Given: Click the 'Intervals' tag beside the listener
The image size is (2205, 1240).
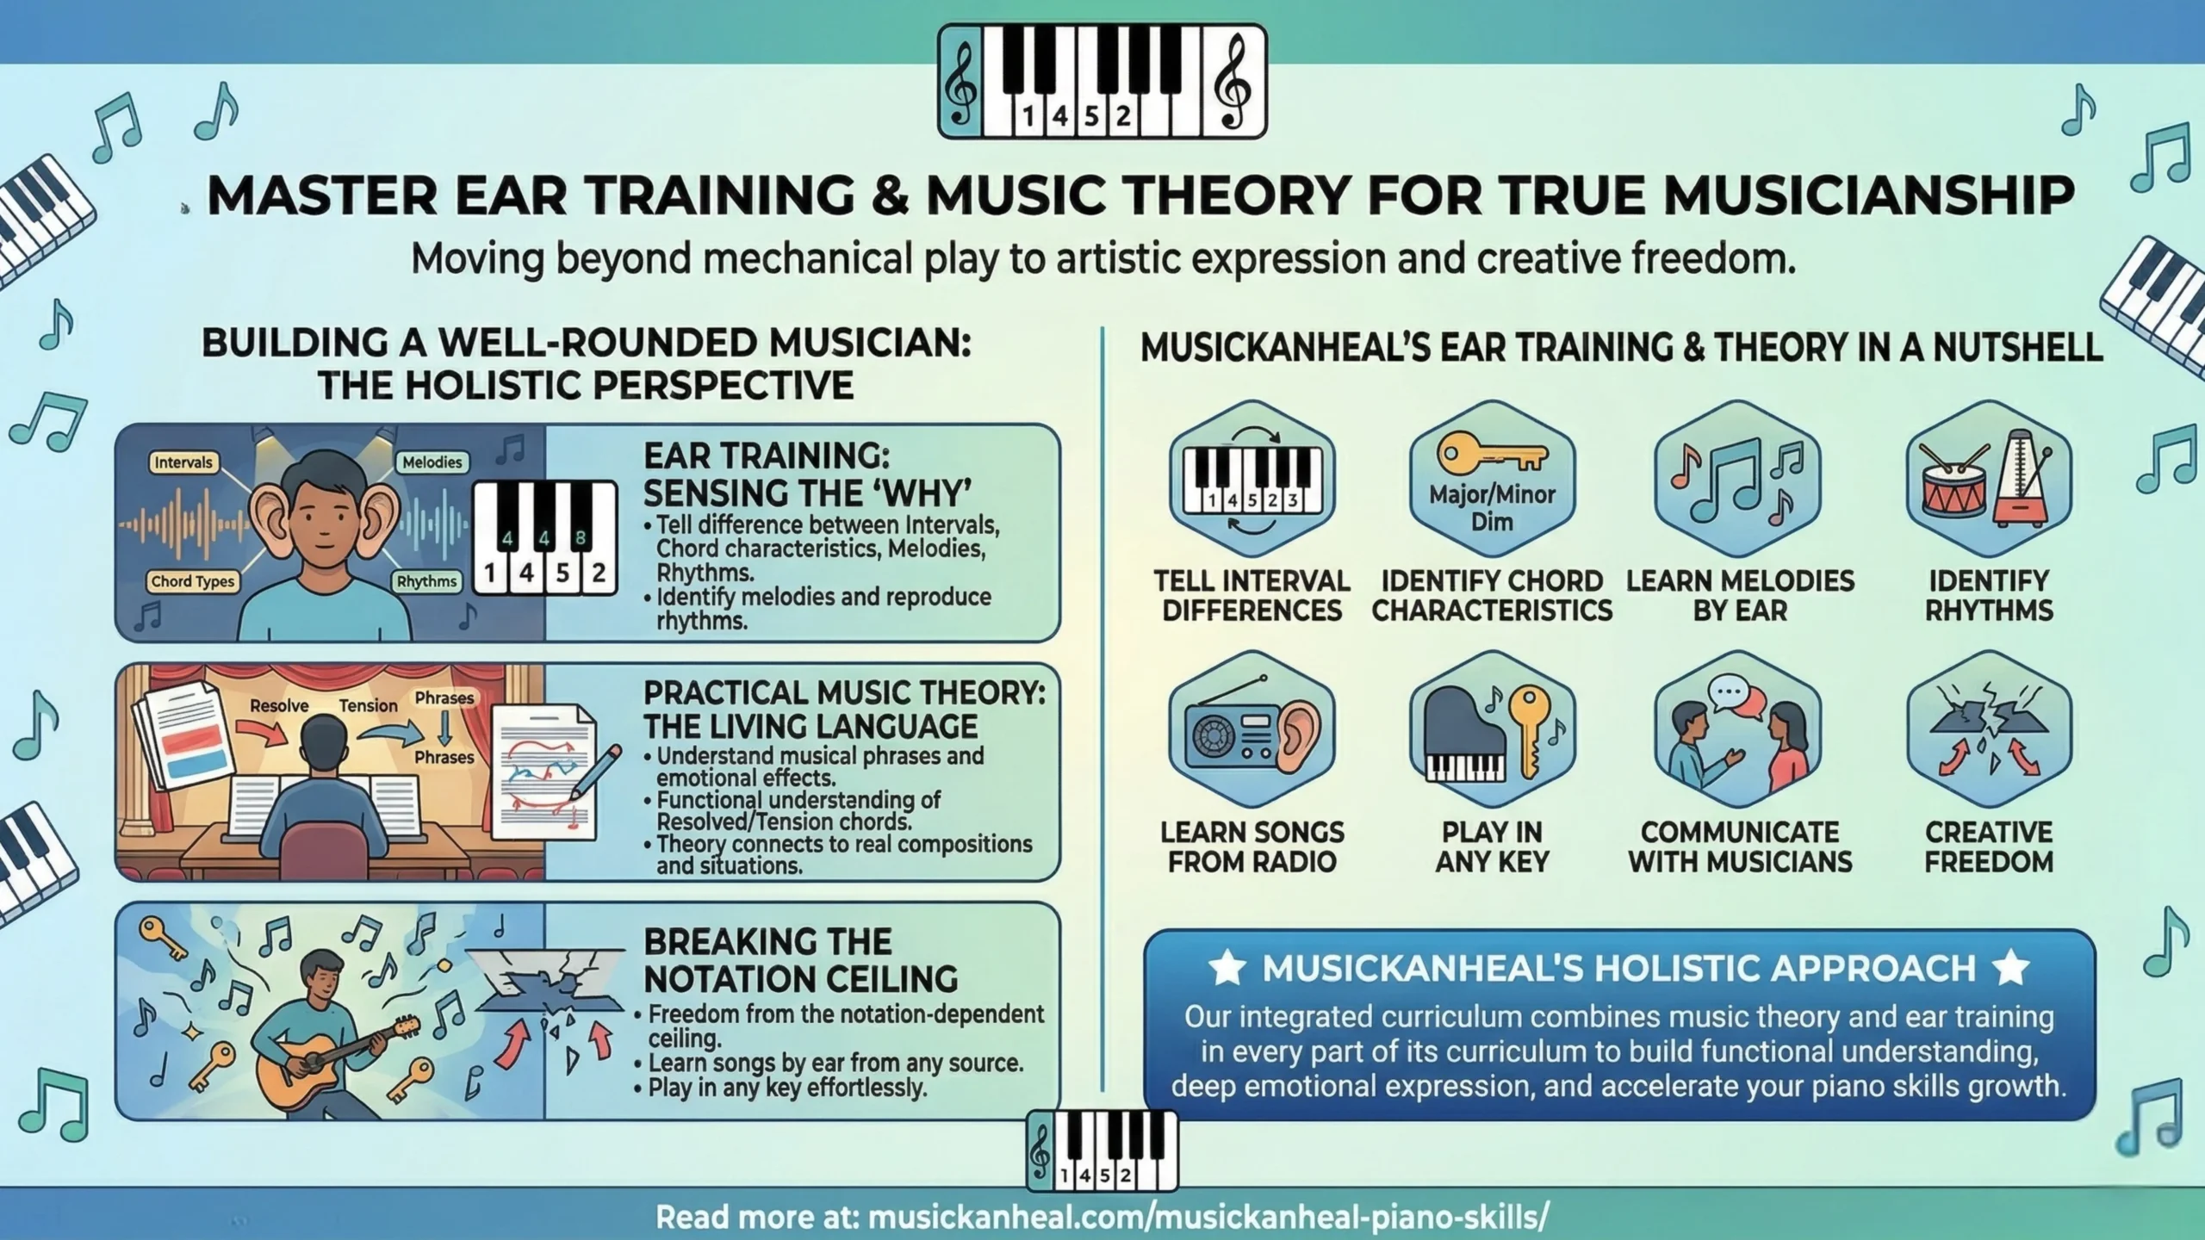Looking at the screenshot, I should click(x=183, y=462).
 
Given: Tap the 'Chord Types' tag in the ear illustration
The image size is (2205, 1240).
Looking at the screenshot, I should click(x=192, y=581).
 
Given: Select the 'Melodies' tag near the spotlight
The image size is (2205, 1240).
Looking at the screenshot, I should click(x=432, y=462).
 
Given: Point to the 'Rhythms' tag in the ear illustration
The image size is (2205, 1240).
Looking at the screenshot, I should click(x=426, y=581).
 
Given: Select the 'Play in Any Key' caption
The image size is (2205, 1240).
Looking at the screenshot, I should click(x=1492, y=846).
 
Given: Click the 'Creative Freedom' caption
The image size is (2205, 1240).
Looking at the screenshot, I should click(x=1989, y=846).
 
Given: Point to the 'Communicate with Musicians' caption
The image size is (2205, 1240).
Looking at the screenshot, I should click(x=1740, y=846).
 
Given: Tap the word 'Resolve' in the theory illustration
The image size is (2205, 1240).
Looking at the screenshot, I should click(x=279, y=705).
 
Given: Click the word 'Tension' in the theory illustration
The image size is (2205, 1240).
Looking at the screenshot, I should click(x=368, y=705).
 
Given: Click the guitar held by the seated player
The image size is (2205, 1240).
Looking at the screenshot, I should click(x=336, y=1055).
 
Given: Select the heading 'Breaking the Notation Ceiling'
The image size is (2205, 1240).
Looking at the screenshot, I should click(x=800, y=960).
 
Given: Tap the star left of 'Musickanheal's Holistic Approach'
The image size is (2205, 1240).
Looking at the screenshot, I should click(x=1227, y=968).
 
